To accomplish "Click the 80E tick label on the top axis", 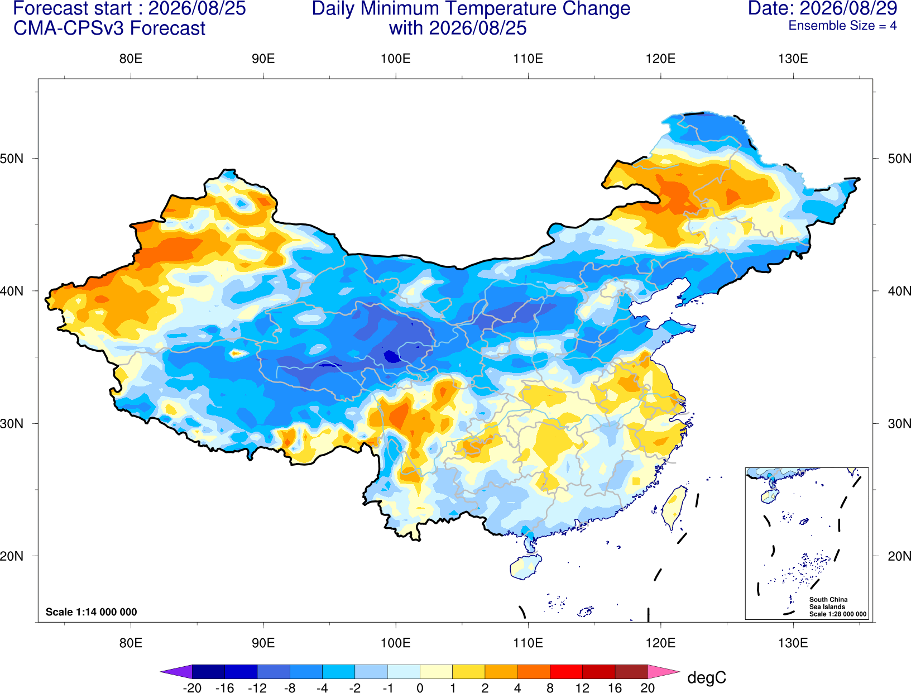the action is pyautogui.click(x=131, y=59).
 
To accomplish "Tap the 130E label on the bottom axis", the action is pyautogui.click(x=793, y=643).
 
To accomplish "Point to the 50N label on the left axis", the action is pyautogui.click(x=11, y=159).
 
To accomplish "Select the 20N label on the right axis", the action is pyautogui.click(x=899, y=556).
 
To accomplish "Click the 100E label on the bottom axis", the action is pyautogui.click(x=396, y=643).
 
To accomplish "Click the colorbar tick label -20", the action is pyautogui.click(x=192, y=688).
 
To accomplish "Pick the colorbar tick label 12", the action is pyautogui.click(x=582, y=688).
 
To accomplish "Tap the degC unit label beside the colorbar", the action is pyautogui.click(x=706, y=677).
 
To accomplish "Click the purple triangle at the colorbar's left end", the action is pyautogui.click(x=176, y=671).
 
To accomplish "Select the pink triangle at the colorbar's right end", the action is pyautogui.click(x=664, y=671).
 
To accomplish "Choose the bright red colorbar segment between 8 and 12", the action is pyautogui.click(x=566, y=671).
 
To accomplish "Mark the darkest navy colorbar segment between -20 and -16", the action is pyautogui.click(x=208, y=671).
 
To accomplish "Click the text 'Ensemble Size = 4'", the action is pyautogui.click(x=842, y=26).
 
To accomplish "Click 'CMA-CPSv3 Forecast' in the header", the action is pyautogui.click(x=109, y=28).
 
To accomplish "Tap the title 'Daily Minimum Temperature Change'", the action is pyautogui.click(x=471, y=9).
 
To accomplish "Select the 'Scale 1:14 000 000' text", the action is pyautogui.click(x=92, y=611).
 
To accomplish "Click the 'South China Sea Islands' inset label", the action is pyautogui.click(x=828, y=603).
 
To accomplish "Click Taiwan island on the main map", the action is pyautogui.click(x=673, y=507).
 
